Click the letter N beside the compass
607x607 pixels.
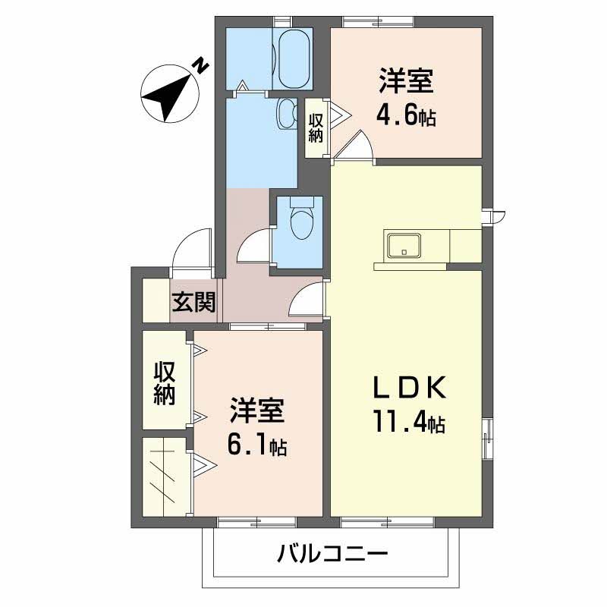200,66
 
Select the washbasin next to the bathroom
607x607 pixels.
287,114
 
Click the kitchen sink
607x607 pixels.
404,246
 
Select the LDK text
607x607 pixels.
406,388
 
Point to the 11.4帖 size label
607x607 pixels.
407,420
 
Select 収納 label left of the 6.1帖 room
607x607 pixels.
165,382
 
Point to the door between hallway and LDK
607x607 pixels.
308,299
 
